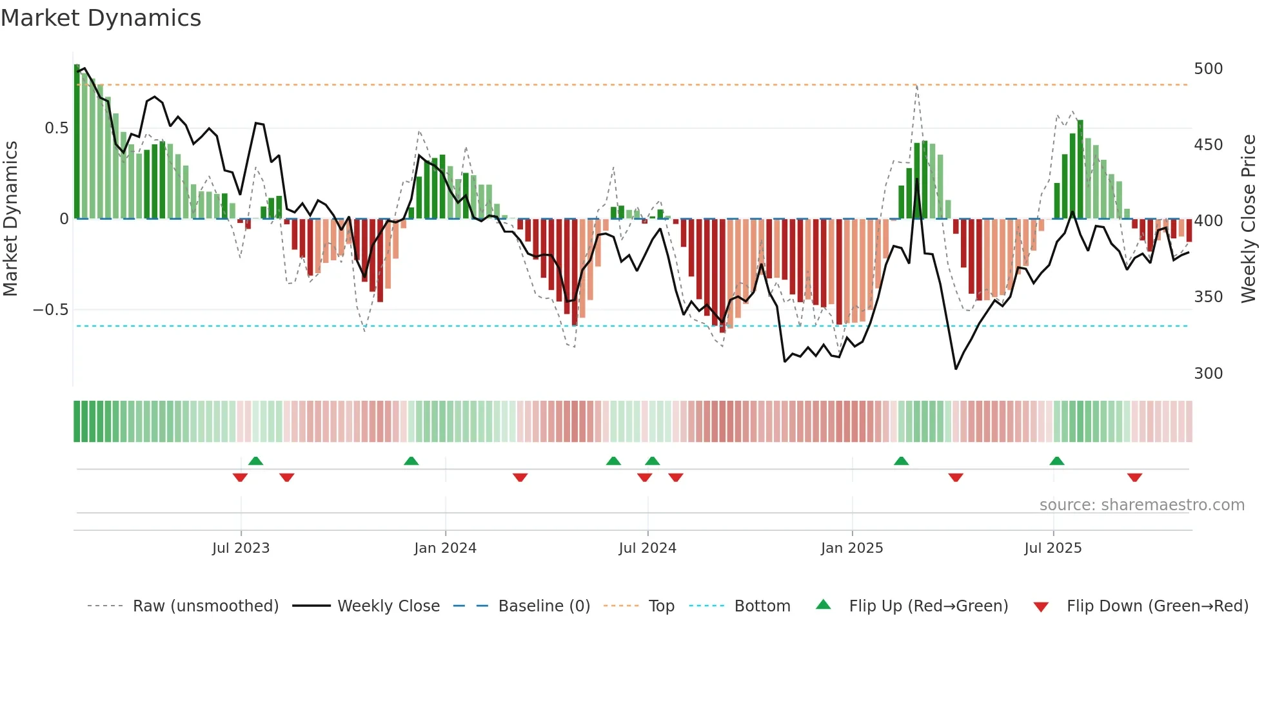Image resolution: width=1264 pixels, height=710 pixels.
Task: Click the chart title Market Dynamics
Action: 101,18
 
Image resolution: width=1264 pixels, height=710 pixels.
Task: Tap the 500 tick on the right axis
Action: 1208,69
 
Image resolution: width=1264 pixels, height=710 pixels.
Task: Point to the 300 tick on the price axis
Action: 1208,374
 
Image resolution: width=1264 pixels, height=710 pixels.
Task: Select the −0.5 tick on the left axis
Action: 50,310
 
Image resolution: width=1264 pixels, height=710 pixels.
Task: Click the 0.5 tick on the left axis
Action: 56,128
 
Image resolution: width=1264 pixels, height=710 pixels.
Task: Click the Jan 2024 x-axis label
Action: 445,548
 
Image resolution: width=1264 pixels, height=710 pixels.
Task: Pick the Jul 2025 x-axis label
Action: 1052,548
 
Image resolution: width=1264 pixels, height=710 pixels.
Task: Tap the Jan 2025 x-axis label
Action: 851,548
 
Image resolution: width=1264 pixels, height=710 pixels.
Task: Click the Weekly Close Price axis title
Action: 1249,219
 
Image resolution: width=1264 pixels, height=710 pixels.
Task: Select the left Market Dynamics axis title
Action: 10,219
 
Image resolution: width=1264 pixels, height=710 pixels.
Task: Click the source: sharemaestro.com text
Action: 1141,505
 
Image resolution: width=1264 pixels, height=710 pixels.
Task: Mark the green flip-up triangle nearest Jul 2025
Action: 1056,461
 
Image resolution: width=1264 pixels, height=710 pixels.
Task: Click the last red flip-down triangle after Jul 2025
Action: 1134,477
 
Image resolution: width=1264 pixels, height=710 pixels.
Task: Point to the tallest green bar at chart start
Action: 77,142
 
